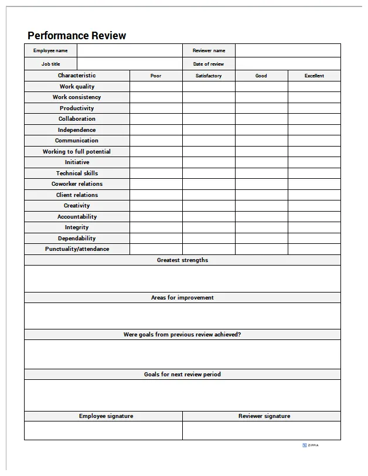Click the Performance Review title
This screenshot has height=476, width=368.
pyautogui.click(x=77, y=36)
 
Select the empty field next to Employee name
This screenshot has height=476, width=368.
pyautogui.click(x=129, y=50)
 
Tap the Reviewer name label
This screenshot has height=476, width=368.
pyautogui.click(x=209, y=50)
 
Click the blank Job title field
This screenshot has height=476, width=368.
pyautogui.click(x=129, y=64)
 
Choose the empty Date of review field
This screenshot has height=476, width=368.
pyautogui.click(x=287, y=64)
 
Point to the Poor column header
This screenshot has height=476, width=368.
pyautogui.click(x=156, y=76)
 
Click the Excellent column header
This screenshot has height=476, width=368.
pyautogui.click(x=314, y=76)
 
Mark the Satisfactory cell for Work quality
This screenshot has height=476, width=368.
pyautogui.click(x=209, y=87)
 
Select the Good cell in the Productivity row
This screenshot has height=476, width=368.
pyautogui.click(x=261, y=108)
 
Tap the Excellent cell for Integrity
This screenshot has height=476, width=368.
pyautogui.click(x=314, y=227)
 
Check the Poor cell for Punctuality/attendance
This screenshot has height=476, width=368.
pyautogui.click(x=156, y=249)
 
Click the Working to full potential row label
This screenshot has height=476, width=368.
pyautogui.click(x=77, y=152)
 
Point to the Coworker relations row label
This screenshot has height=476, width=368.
pyautogui.click(x=77, y=184)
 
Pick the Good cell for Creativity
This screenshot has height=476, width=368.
pyautogui.click(x=261, y=206)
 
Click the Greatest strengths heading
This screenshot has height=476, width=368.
pyautogui.click(x=182, y=260)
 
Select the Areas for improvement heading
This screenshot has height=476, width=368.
pyautogui.click(x=182, y=298)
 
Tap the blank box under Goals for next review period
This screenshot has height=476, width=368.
pyautogui.click(x=182, y=395)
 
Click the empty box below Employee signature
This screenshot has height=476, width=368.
pyautogui.click(x=103, y=430)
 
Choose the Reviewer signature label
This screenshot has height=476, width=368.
pyautogui.click(x=264, y=416)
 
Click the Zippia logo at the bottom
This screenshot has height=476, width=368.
pyautogui.click(x=311, y=446)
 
